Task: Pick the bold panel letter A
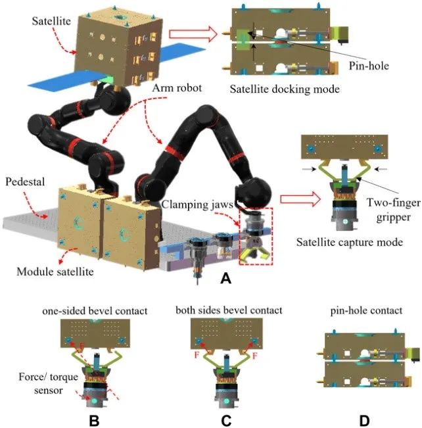(225, 279)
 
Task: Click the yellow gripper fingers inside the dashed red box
(253, 252)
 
